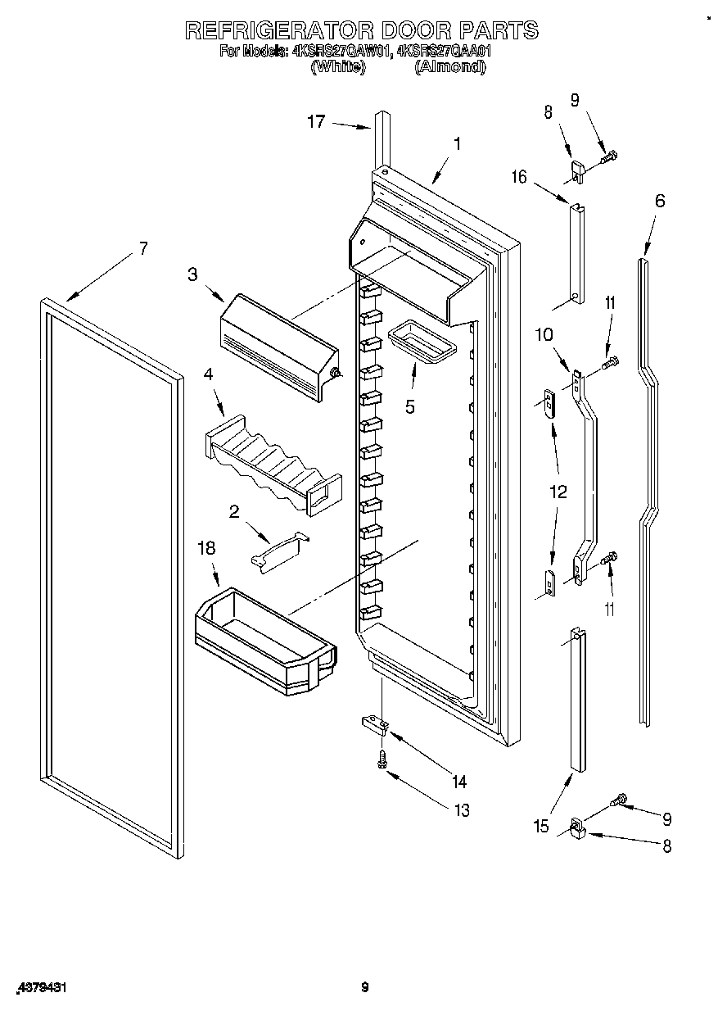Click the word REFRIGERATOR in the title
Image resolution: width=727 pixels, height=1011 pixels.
coord(278,30)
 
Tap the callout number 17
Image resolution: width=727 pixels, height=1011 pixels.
coord(316,122)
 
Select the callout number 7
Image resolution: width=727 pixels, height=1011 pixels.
coord(143,249)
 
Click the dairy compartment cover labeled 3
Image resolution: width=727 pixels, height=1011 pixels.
coord(278,345)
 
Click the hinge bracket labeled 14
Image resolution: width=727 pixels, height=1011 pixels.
coord(376,722)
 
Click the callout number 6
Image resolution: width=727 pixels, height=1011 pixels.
coord(660,201)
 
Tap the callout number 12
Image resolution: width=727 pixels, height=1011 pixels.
coord(558,492)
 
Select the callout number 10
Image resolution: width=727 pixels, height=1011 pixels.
coord(544,334)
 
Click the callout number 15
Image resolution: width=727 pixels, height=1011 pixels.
coord(541,827)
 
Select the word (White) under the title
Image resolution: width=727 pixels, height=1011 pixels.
coord(337,68)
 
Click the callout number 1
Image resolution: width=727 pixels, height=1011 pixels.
coord(457,144)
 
